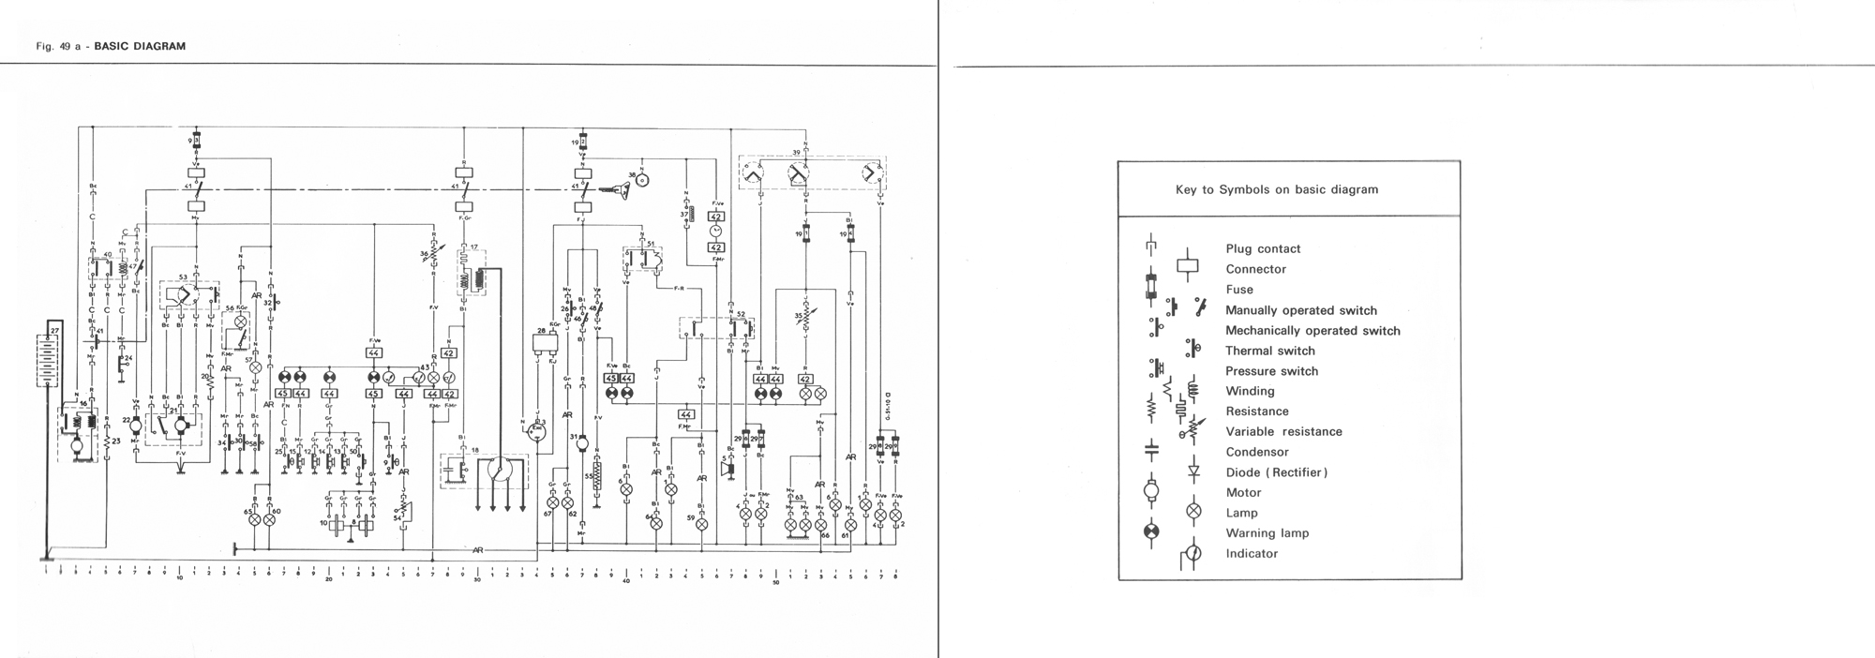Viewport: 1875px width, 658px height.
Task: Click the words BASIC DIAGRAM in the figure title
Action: (x=140, y=46)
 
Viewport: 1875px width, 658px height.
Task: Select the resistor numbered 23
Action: (x=107, y=441)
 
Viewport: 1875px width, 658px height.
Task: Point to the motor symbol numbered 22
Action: (x=136, y=426)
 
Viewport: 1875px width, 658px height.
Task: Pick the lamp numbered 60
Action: (x=270, y=518)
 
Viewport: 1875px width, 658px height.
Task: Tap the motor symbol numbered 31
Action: (x=582, y=441)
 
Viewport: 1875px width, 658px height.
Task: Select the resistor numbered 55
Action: (x=597, y=476)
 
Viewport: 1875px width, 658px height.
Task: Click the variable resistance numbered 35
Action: (x=805, y=318)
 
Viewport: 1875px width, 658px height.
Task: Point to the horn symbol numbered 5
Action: (x=728, y=467)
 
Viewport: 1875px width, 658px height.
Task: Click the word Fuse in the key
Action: (x=1239, y=290)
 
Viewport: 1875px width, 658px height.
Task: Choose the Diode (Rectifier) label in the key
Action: (x=1277, y=472)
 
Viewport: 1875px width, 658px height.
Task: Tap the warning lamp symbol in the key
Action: (x=1152, y=532)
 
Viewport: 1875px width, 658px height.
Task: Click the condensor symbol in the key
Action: (x=1152, y=451)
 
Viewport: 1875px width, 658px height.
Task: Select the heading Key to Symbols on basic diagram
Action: (x=1277, y=189)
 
